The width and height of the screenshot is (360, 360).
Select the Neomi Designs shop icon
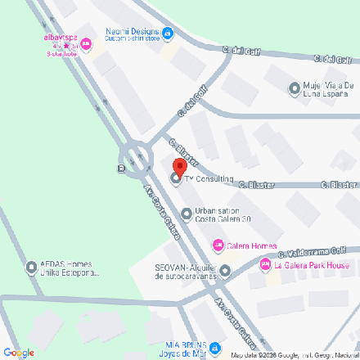click(168, 34)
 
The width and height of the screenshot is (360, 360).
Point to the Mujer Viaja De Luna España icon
click(295, 88)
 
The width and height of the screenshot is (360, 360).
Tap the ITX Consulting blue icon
click(176, 179)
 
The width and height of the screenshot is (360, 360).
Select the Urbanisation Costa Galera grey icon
click(187, 215)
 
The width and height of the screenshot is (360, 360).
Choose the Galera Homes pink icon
click(218, 245)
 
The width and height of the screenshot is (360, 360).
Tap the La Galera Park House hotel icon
click(265, 265)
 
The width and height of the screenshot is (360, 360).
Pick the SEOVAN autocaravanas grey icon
click(225, 271)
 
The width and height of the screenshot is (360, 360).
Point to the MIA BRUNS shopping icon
click(214, 348)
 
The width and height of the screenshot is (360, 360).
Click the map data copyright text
click(295, 355)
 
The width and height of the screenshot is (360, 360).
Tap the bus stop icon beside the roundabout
click(121, 169)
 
